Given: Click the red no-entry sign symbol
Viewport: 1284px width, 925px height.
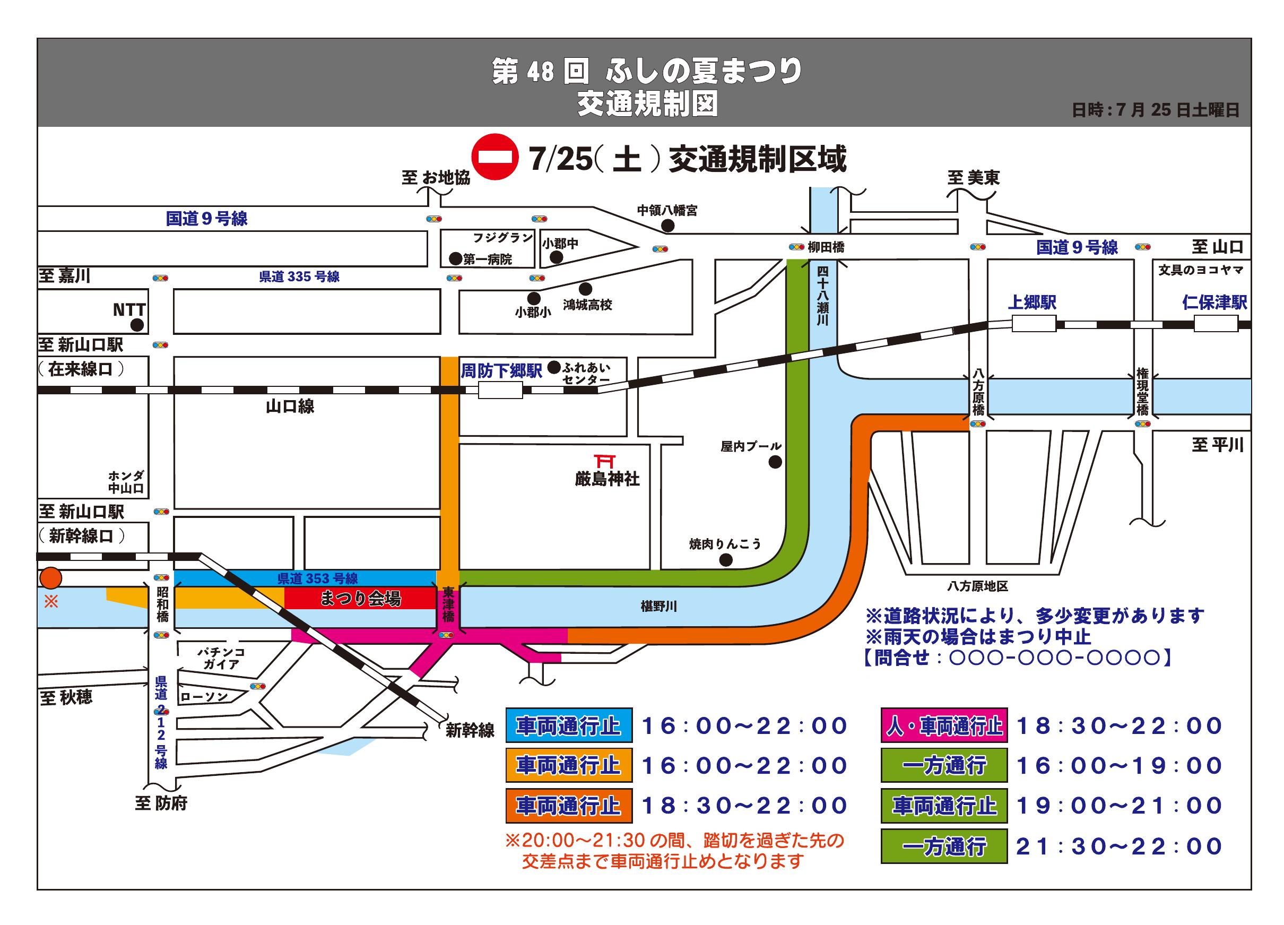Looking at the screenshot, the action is (x=496, y=157).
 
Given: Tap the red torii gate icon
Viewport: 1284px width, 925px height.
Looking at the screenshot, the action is (x=605, y=461).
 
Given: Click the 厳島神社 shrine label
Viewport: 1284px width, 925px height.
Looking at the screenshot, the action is (x=607, y=479).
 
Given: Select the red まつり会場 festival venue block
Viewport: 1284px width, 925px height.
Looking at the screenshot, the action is (x=360, y=598).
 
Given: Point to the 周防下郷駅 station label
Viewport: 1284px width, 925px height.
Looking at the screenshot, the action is (x=501, y=371).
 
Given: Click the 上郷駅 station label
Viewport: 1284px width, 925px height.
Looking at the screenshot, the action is (x=1031, y=302).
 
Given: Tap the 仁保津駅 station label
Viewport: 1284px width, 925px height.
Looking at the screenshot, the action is (x=1214, y=302).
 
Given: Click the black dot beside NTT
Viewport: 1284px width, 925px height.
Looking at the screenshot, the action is (x=137, y=325).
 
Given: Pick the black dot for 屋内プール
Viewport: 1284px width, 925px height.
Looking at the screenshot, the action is (x=775, y=462).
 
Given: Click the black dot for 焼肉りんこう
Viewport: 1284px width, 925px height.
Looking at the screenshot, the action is (x=725, y=560).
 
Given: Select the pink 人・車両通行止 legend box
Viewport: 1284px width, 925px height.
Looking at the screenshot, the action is (x=944, y=725).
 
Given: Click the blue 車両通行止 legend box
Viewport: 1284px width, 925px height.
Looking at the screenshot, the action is (x=569, y=725).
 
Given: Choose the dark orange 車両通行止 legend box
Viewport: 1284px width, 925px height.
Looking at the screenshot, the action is (x=569, y=806).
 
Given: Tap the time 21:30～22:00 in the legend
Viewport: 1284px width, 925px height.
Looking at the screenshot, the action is (x=1119, y=847).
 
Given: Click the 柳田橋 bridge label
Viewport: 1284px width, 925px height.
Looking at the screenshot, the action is (x=826, y=247).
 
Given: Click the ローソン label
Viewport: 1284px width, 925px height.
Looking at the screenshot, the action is (x=204, y=697).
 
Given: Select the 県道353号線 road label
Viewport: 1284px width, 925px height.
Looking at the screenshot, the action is (x=318, y=578).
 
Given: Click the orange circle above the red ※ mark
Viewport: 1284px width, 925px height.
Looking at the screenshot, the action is (x=51, y=578).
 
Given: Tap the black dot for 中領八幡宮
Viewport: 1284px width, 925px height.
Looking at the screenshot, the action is (x=668, y=226).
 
